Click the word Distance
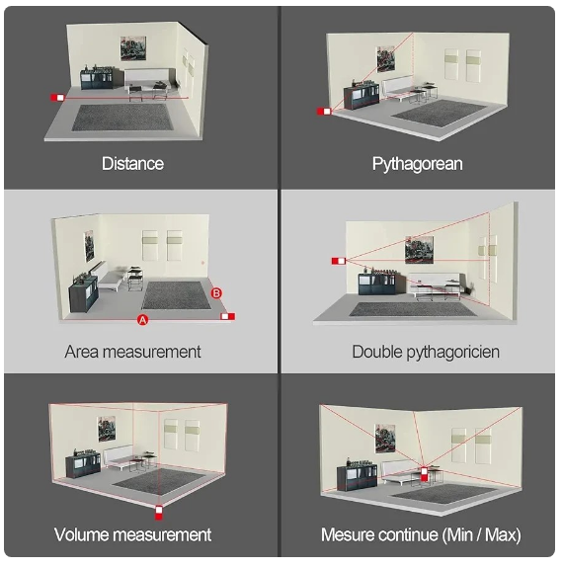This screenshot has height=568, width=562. (132, 163)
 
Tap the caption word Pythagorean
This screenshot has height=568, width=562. (418, 164)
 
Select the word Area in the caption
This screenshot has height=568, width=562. (81, 352)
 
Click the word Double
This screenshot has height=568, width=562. (377, 352)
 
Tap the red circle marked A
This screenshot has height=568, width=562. (143, 320)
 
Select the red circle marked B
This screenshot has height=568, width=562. (216, 293)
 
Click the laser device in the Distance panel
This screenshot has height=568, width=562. (57, 98)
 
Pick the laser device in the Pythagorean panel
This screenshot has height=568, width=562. (324, 112)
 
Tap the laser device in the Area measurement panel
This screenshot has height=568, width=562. (228, 317)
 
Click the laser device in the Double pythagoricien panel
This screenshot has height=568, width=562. (339, 261)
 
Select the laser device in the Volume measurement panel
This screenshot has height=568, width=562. (159, 513)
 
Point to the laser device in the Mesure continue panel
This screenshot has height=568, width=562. (424, 474)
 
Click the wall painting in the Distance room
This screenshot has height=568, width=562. (133, 48)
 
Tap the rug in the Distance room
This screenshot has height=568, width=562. (121, 118)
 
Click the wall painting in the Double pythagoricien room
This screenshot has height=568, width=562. (419, 250)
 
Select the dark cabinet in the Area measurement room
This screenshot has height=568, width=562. (84, 293)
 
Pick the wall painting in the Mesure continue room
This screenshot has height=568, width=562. (385, 439)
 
